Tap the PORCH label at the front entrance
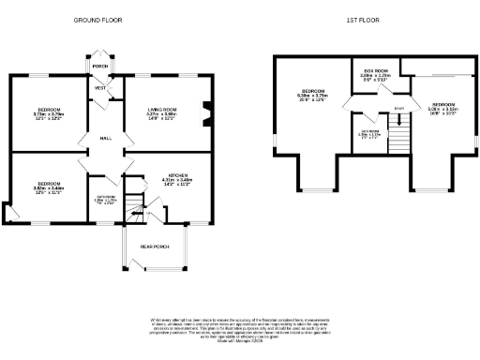point(99,67)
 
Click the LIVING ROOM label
point(161,112)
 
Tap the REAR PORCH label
point(154,247)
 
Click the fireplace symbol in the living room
point(207,112)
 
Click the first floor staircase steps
point(400,141)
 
